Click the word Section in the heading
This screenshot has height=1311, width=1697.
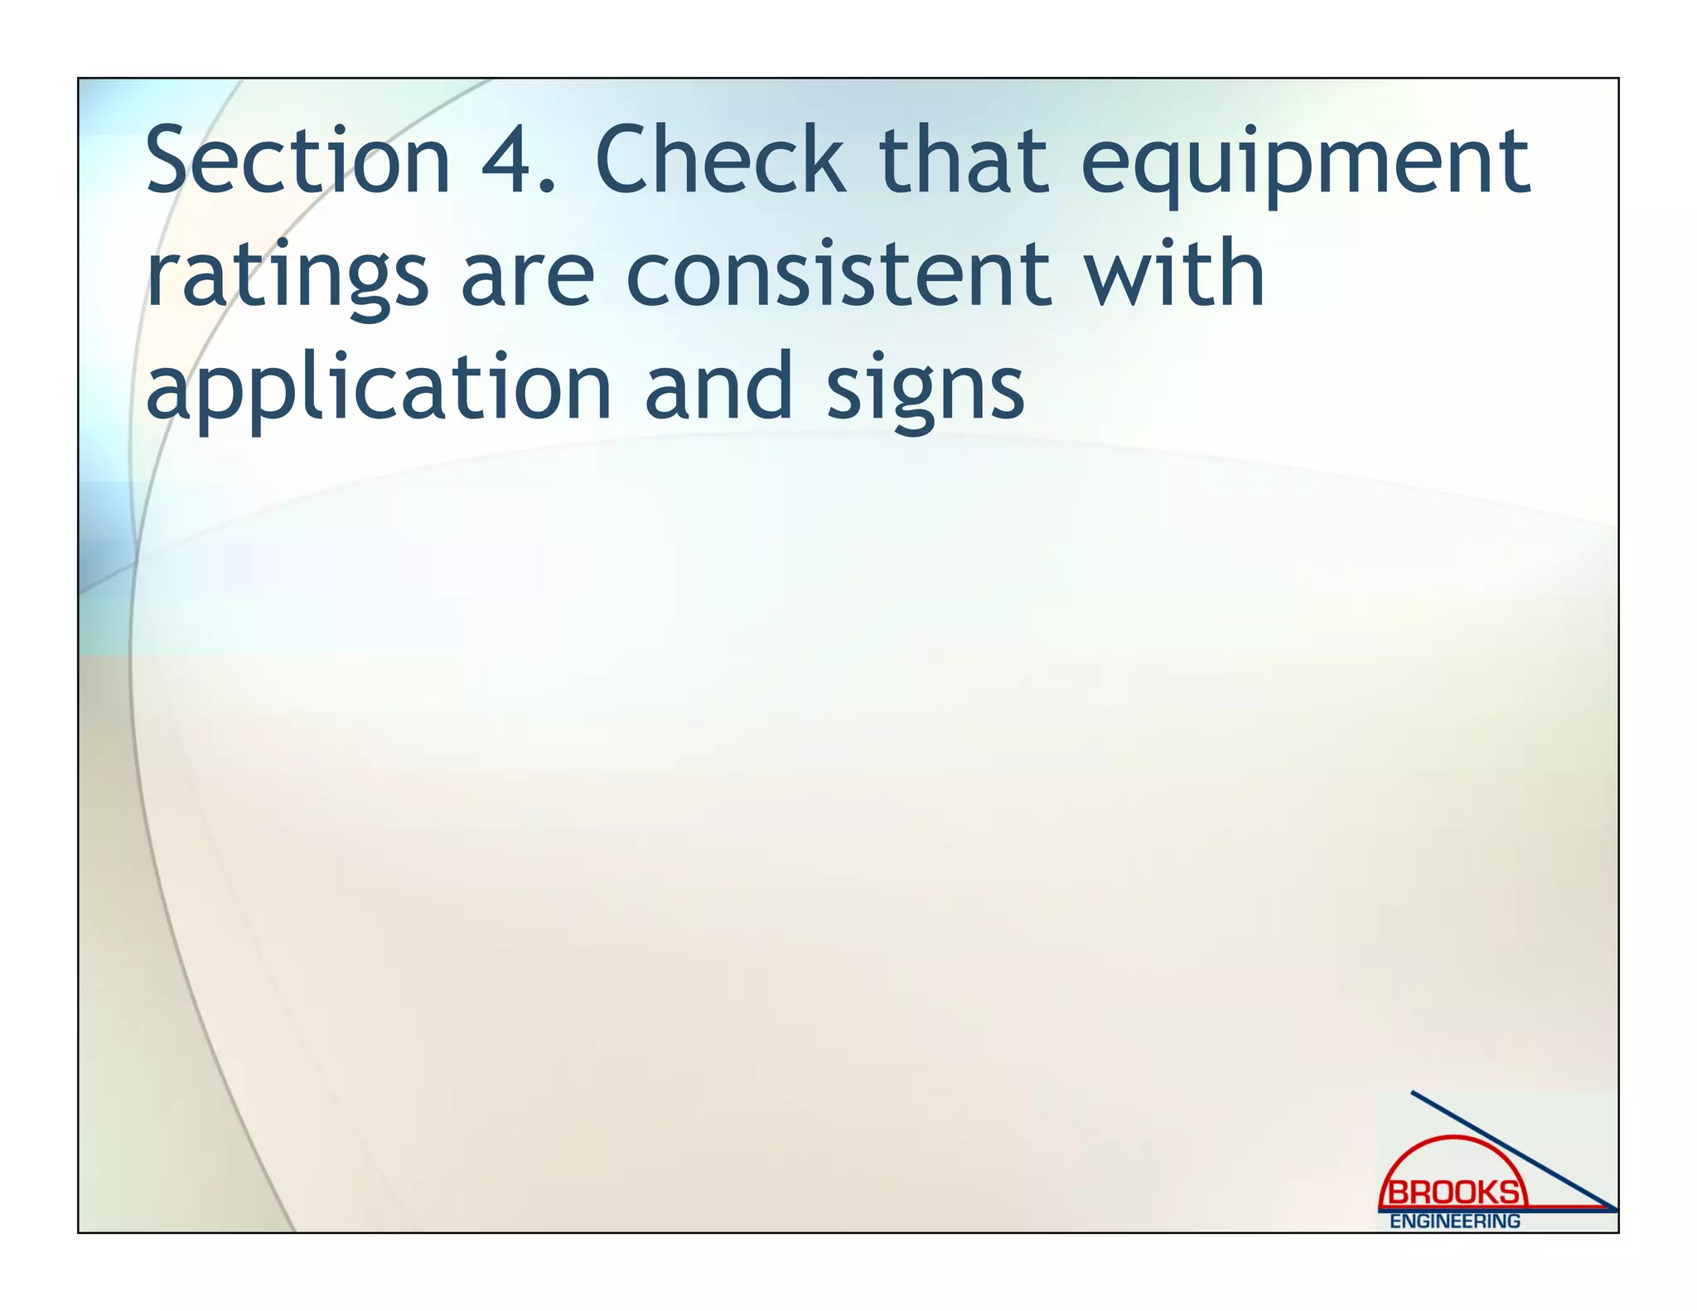(x=297, y=158)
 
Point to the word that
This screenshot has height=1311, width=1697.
(x=963, y=158)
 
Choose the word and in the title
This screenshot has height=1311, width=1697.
(x=718, y=385)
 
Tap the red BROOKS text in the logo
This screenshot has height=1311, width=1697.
(x=1453, y=1193)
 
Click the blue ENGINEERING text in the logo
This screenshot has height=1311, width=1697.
(x=1454, y=1221)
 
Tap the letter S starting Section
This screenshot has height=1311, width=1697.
(x=172, y=158)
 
